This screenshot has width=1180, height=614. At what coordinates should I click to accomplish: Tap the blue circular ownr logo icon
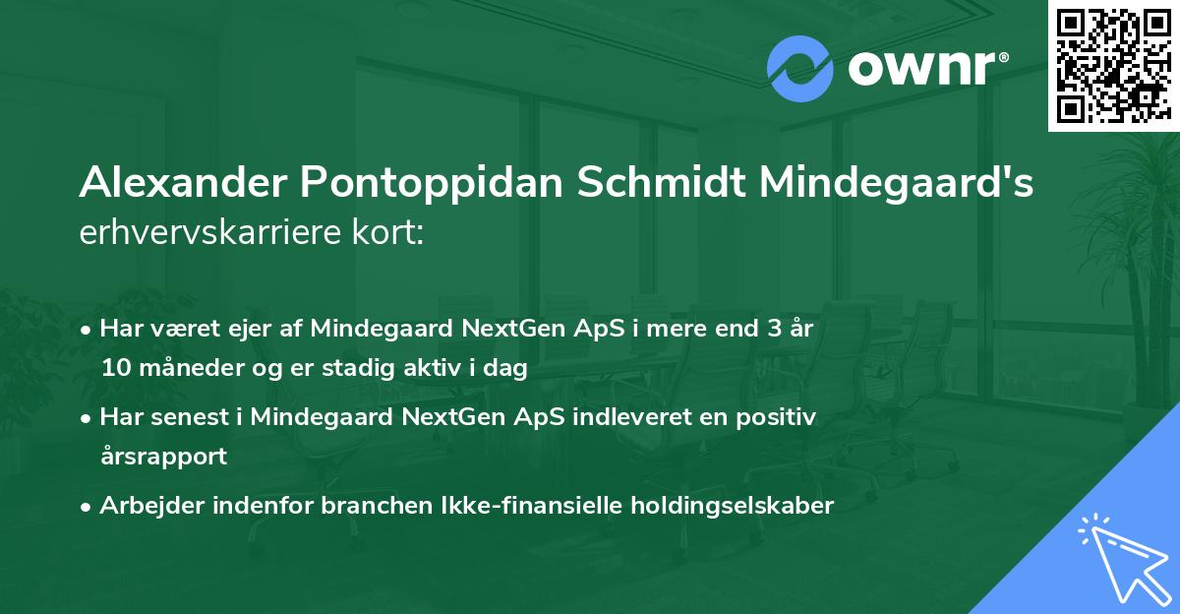coord(800,69)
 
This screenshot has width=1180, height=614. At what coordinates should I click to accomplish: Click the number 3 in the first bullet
coord(774,329)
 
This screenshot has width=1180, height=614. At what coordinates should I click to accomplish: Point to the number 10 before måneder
coord(115,369)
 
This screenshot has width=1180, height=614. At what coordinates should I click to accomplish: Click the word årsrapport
coord(163,457)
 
